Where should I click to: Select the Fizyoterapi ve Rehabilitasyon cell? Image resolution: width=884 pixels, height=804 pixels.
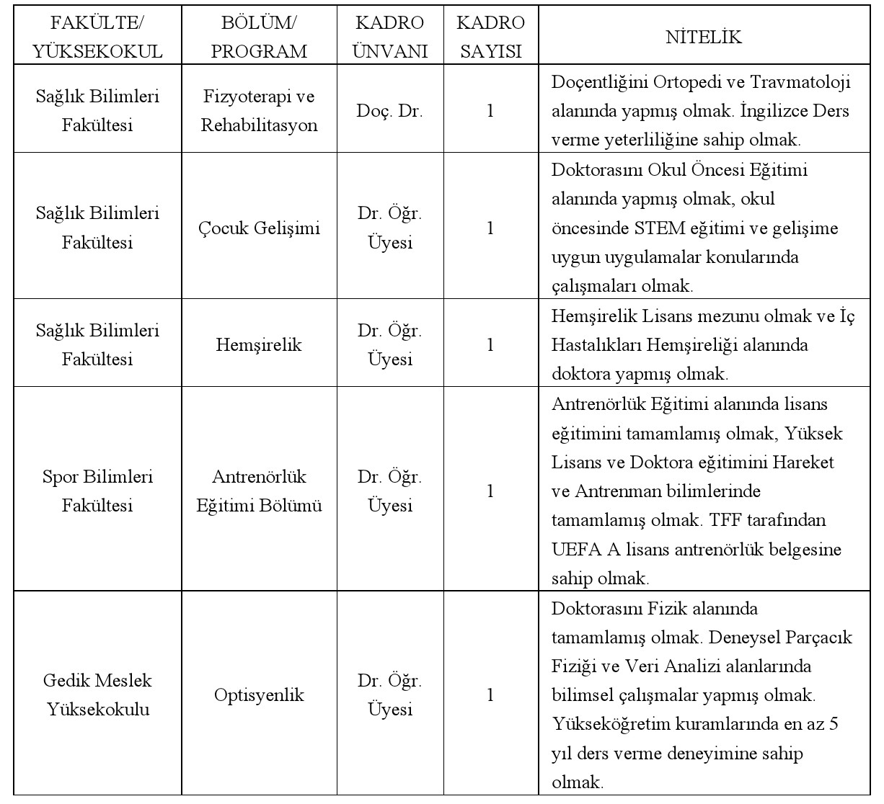259,111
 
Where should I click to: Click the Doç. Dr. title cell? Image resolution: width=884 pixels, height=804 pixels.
390,112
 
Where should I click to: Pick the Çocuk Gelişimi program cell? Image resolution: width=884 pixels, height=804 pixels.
259,228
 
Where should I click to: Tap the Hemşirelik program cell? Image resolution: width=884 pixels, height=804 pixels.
259,345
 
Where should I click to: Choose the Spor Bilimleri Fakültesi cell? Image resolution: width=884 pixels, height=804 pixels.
97,491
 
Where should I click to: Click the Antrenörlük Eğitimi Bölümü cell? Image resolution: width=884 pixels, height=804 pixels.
259,491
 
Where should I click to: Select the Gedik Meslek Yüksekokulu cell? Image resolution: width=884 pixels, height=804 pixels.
97,695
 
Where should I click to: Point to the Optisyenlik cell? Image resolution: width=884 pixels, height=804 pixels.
259,696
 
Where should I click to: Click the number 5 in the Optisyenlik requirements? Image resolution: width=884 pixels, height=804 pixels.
834,724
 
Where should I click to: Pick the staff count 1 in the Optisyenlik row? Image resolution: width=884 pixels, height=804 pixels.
490,696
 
